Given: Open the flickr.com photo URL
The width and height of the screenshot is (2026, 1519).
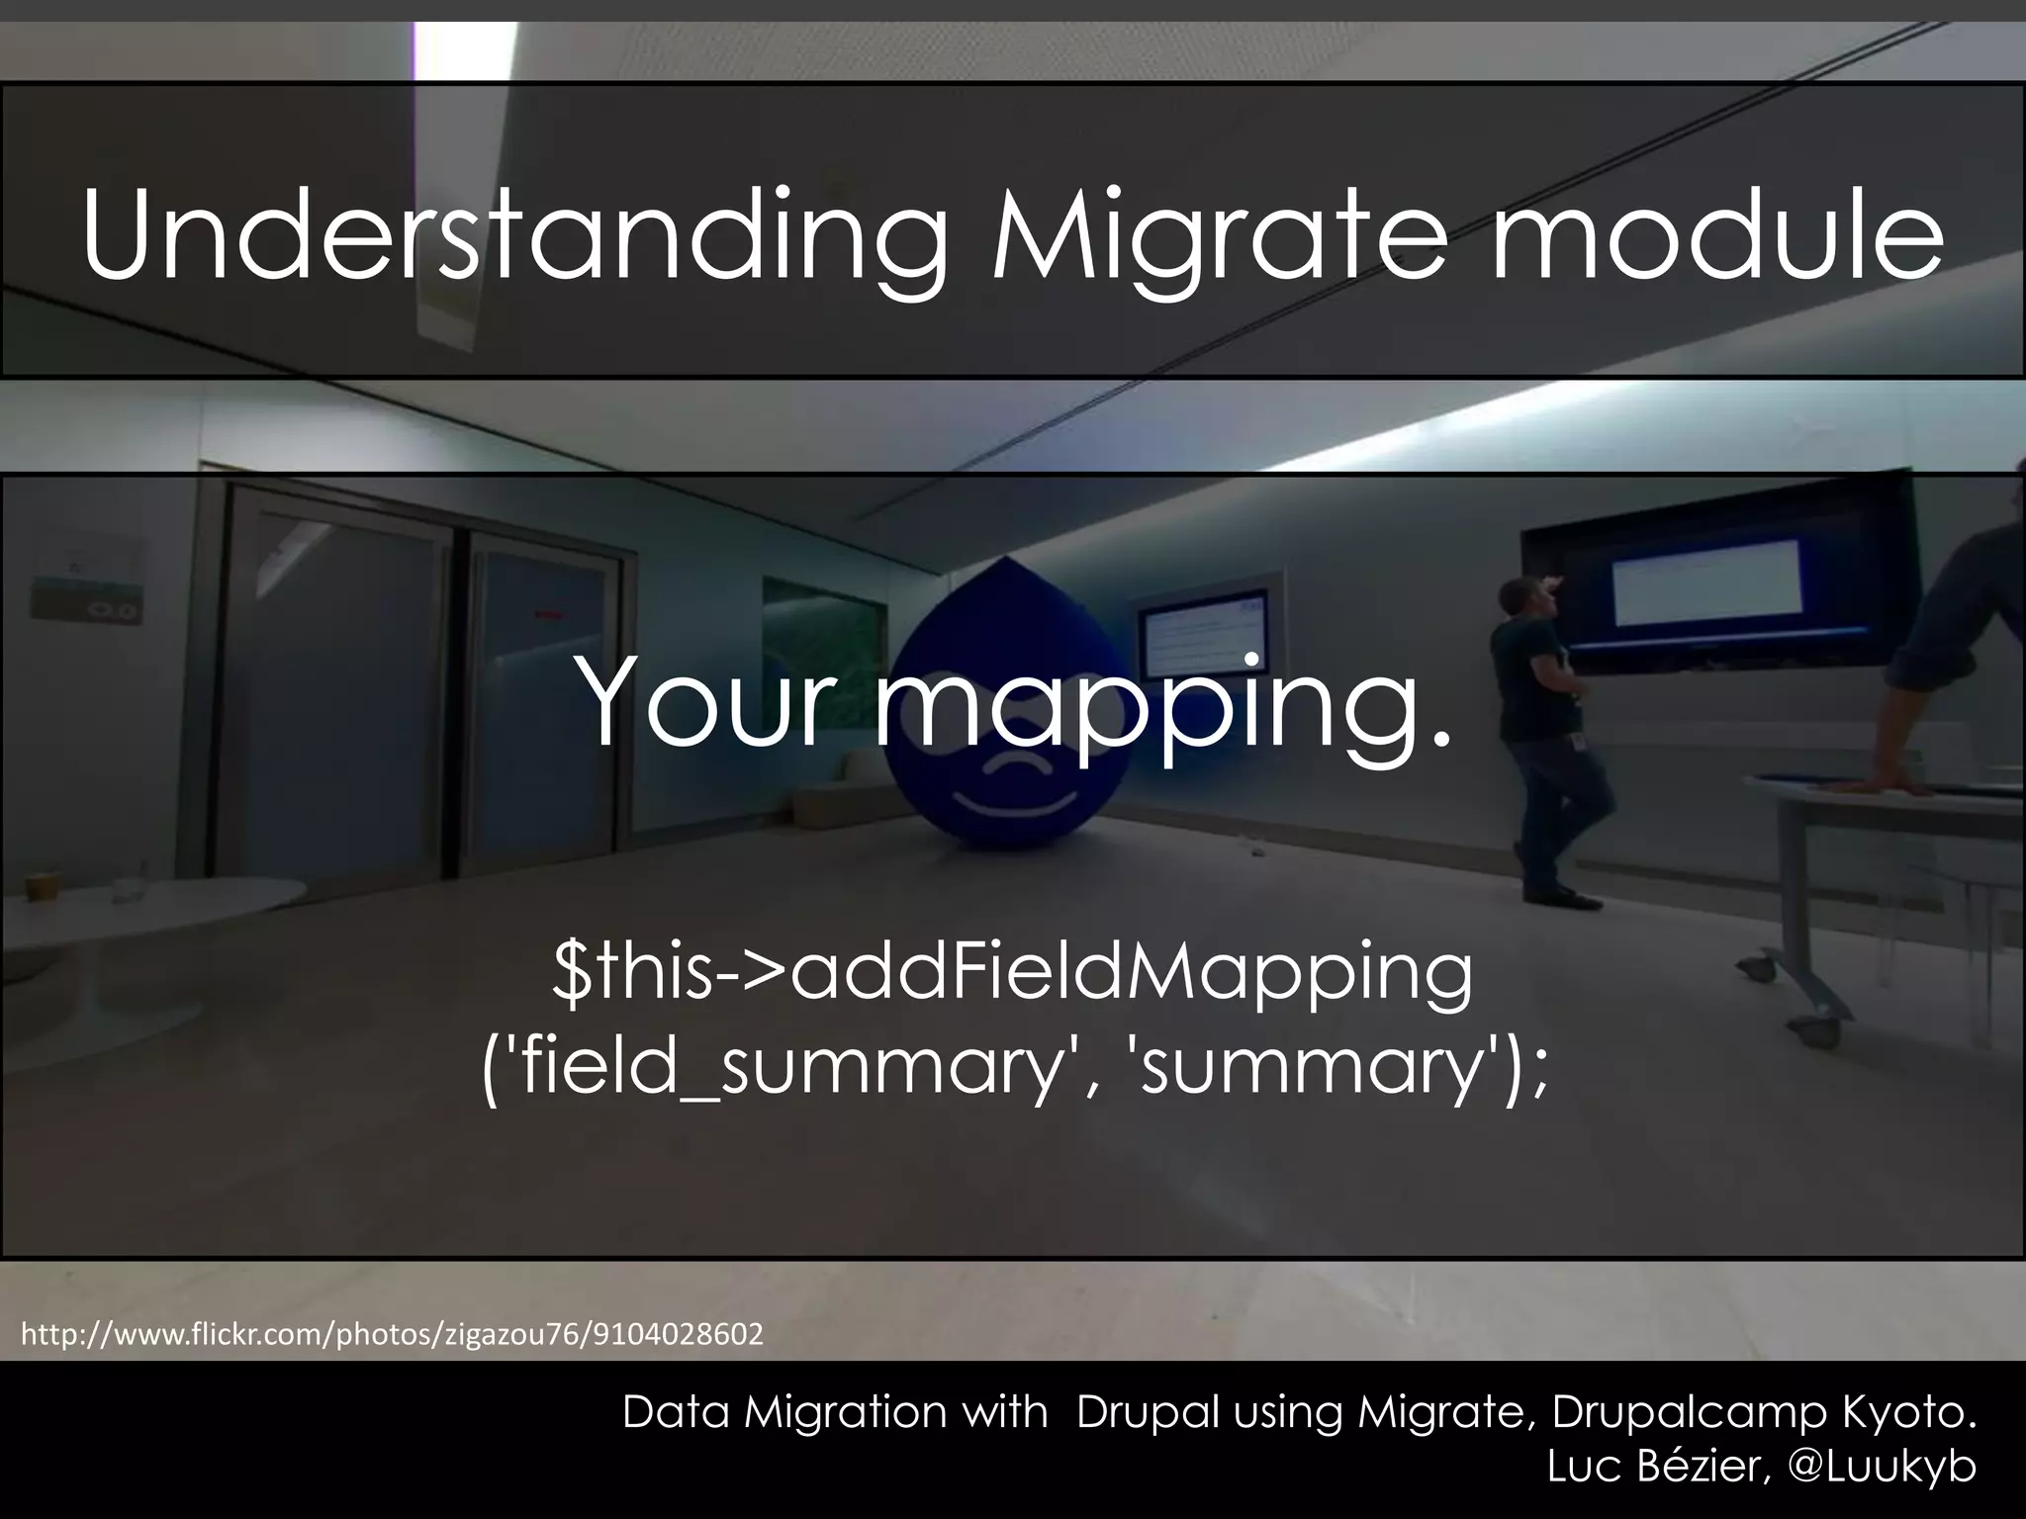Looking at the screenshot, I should [392, 1335].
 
